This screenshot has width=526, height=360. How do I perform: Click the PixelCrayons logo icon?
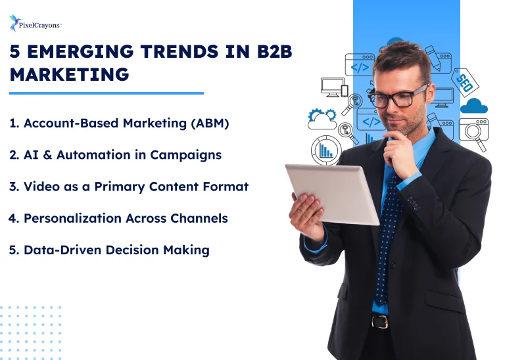pos(14,24)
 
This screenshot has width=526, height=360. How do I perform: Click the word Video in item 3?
pos(40,187)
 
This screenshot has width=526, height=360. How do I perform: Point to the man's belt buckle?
pos(380,321)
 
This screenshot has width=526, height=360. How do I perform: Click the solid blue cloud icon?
pos(473,106)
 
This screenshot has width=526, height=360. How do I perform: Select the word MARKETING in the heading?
pos(69,74)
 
